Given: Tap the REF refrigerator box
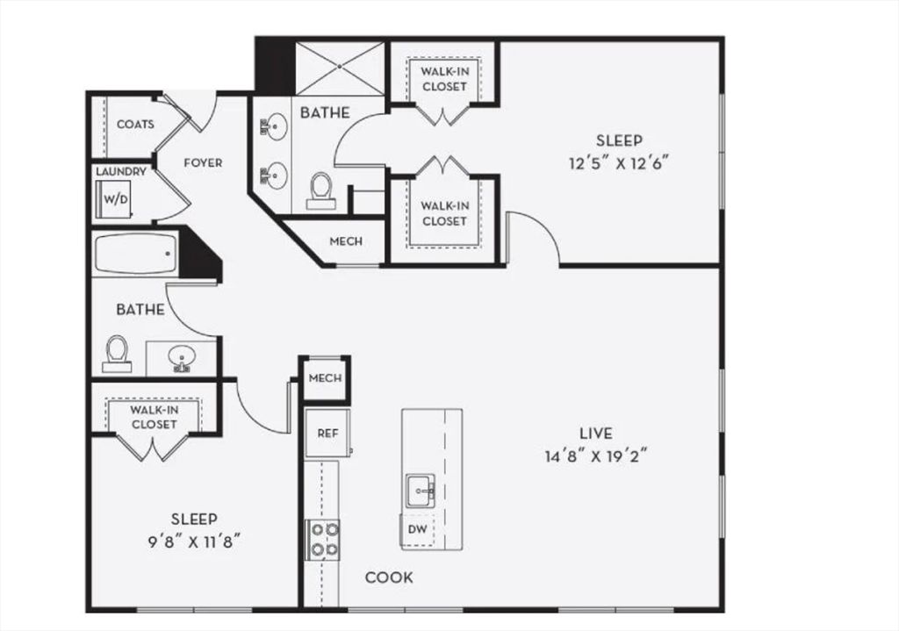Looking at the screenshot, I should (x=327, y=434).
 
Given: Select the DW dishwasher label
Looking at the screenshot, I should (x=418, y=529).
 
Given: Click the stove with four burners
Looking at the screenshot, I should (x=321, y=539).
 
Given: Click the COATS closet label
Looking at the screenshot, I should (x=135, y=125).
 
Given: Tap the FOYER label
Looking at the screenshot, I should (x=203, y=162).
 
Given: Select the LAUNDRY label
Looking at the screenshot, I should (x=121, y=172).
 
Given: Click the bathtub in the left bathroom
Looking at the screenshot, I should (x=135, y=255).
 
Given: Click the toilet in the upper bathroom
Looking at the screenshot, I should (x=321, y=190).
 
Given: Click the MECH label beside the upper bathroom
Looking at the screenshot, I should (x=345, y=241).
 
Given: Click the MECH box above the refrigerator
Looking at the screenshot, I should (x=325, y=378).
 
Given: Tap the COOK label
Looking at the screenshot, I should (x=389, y=577).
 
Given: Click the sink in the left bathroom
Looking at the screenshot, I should (x=183, y=358).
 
